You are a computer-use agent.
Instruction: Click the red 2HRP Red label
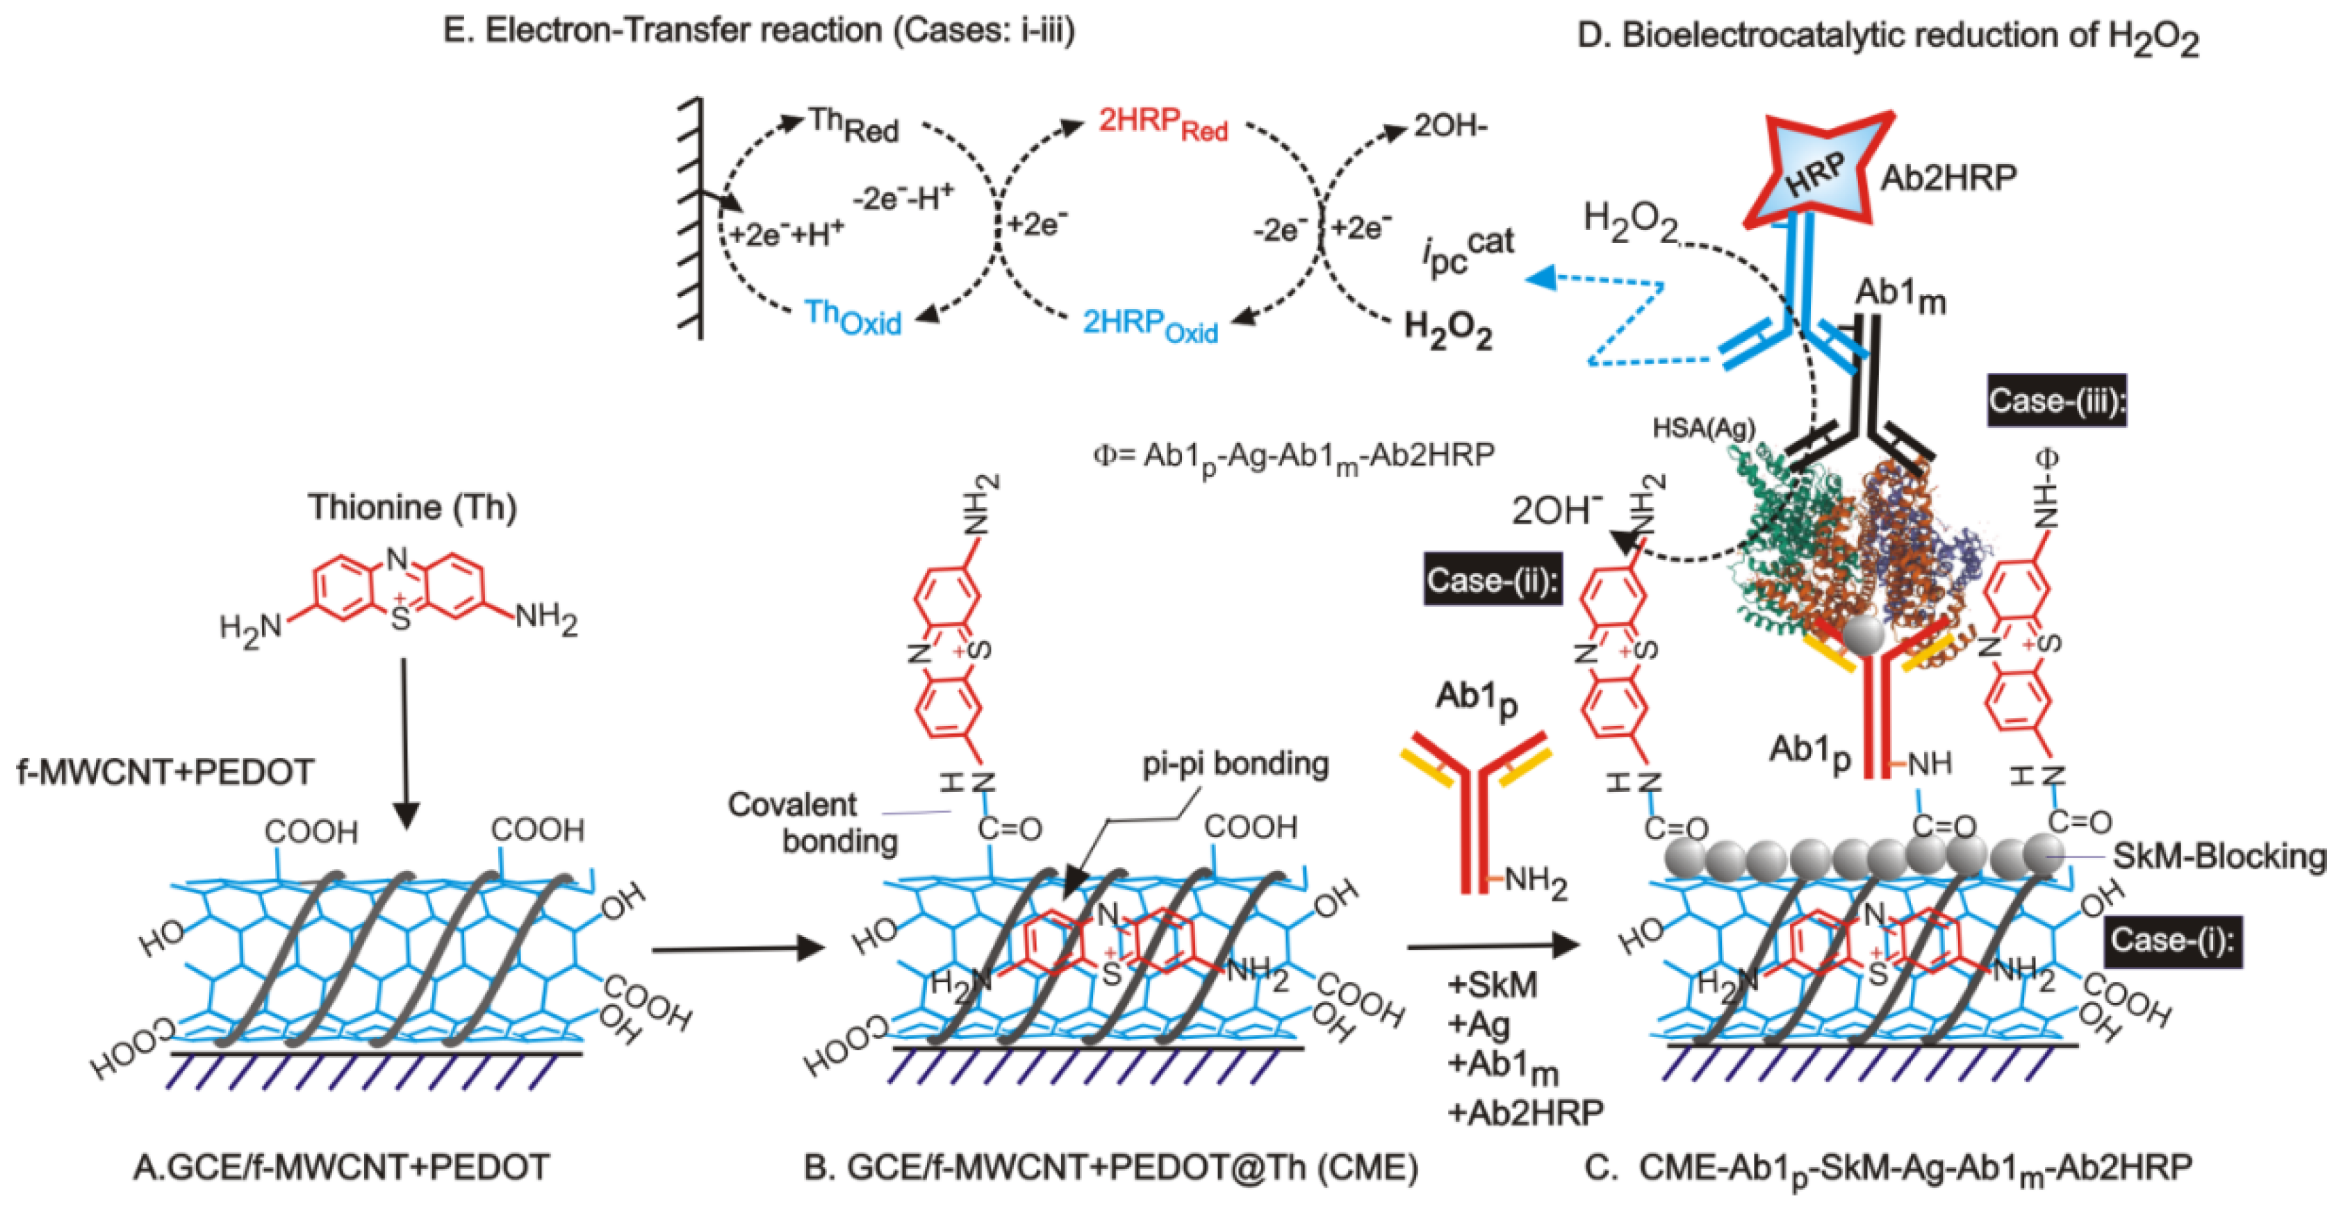pos(1163,124)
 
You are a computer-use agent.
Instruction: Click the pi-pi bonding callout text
pos(1235,763)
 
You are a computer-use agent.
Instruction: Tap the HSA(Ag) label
pos(1703,428)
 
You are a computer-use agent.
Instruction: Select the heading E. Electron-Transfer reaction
pos(759,31)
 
